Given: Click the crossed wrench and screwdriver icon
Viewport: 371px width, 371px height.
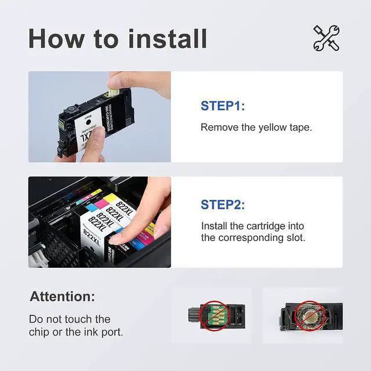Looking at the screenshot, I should point(326,38).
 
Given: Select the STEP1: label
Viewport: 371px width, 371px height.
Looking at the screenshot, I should point(223,106).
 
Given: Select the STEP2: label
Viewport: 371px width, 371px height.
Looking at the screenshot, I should point(223,205).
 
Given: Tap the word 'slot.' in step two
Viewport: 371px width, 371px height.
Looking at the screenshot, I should point(293,237).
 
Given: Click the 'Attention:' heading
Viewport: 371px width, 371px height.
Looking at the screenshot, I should point(62,297).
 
